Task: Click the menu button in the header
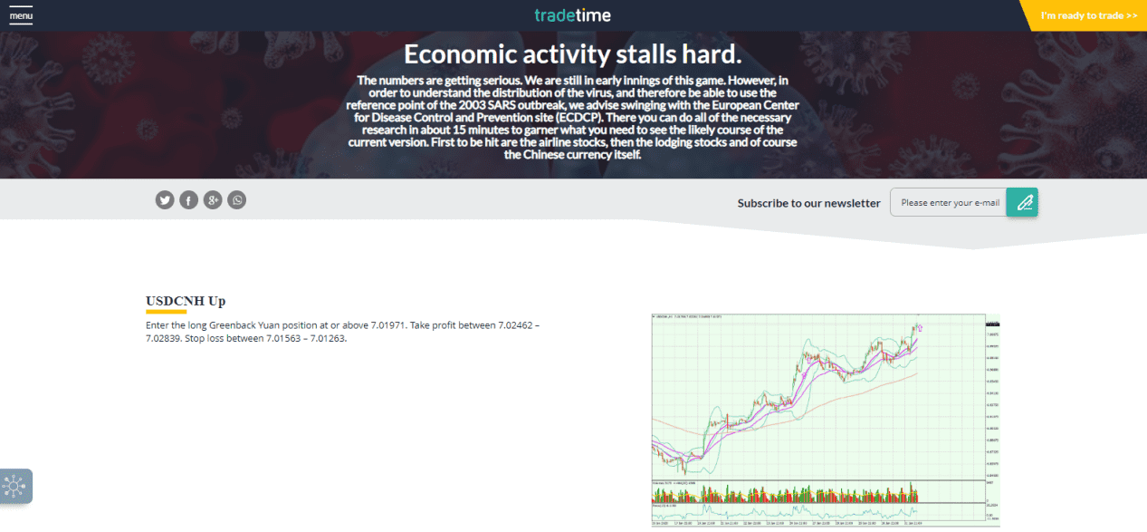tap(21, 16)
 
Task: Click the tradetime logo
tap(572, 15)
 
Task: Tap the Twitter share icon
tap(164, 200)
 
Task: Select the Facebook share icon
tap(188, 200)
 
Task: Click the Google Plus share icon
tap(213, 200)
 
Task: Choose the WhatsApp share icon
tap(237, 200)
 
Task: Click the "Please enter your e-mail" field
tap(950, 202)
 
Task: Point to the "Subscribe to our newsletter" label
tap(808, 203)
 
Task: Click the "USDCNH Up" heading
tap(186, 301)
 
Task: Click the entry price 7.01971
tap(387, 324)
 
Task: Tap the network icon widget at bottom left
tap(15, 486)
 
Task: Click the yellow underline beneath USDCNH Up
tap(166, 312)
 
